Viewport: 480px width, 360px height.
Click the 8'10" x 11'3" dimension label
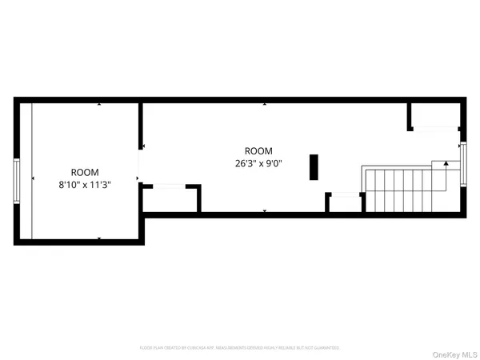85,184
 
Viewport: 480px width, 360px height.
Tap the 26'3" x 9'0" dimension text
258,162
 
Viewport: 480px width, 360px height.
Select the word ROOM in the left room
85,172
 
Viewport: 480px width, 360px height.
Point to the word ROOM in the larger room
258,150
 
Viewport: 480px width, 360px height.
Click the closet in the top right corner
434,116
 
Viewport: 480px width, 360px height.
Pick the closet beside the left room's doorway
170,198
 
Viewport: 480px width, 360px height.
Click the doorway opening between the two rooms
141,167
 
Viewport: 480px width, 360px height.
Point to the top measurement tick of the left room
99,104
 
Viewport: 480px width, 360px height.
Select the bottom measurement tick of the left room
99,238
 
